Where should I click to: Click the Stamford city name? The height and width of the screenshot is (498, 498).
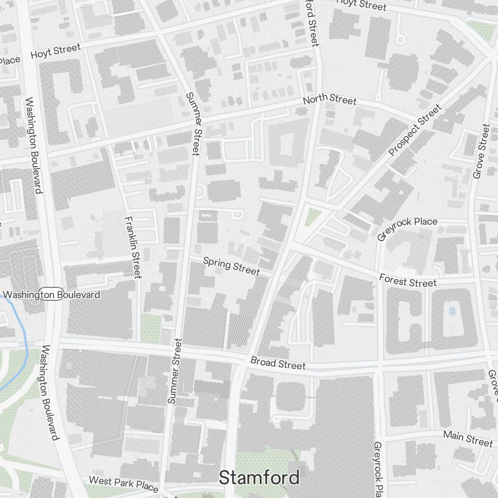(259, 477)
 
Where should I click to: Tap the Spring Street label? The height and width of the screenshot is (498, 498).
(232, 265)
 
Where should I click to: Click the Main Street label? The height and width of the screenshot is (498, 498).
(468, 438)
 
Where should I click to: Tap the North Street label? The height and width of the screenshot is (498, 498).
(330, 100)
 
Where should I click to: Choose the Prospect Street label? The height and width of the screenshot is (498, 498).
(415, 129)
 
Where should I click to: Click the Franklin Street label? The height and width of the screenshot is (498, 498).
(134, 247)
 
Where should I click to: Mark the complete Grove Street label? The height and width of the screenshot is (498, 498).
(482, 151)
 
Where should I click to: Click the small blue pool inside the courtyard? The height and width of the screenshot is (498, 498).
(452, 311)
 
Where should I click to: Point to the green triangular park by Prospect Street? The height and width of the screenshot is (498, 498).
(313, 217)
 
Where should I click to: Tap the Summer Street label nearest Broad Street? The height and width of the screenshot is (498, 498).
(175, 371)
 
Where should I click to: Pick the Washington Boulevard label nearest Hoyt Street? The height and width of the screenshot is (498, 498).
(33, 144)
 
